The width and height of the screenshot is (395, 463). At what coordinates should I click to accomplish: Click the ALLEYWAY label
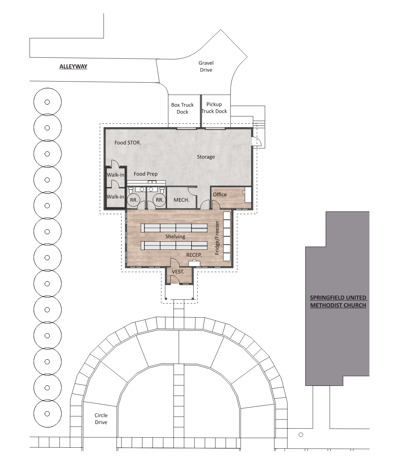[73, 66]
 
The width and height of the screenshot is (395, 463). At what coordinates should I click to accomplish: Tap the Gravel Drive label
[206, 66]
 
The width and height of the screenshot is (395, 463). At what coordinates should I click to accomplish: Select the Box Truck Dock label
[182, 108]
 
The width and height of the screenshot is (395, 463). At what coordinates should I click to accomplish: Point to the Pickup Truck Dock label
[214, 108]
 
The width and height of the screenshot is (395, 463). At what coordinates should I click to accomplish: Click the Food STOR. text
[128, 143]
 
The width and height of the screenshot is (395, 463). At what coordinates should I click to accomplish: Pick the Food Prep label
[146, 174]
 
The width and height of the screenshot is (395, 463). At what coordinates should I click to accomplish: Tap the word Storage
[206, 157]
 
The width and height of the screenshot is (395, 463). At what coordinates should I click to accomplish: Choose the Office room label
[220, 194]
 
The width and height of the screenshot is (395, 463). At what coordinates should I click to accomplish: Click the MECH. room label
[181, 200]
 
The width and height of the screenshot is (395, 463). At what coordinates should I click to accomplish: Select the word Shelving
[175, 237]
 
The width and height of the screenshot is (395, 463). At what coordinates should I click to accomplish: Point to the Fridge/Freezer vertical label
[217, 238]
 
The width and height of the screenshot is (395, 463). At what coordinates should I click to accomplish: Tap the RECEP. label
[194, 255]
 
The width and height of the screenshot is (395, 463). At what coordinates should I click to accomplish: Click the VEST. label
[178, 272]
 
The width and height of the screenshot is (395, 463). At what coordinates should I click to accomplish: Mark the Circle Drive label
[101, 419]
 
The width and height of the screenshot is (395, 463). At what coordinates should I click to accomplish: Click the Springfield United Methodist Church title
[338, 301]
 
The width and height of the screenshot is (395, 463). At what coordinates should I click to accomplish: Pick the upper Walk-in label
[115, 175]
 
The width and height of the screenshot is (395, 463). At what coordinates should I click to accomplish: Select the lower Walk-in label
[115, 197]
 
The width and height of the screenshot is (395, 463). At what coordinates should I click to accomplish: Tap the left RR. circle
[134, 200]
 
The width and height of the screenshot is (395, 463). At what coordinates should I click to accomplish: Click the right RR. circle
[160, 200]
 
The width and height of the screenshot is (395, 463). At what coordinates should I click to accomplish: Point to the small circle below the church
[301, 434]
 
